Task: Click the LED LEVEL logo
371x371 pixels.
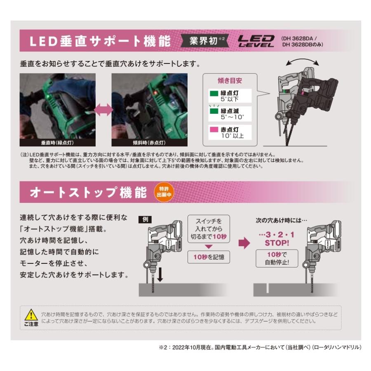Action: click(x=256, y=42)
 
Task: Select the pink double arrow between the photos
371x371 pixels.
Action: click(x=103, y=110)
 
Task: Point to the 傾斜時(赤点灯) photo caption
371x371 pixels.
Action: click(x=149, y=143)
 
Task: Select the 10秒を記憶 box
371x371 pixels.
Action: click(x=209, y=257)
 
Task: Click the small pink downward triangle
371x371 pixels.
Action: click(x=209, y=246)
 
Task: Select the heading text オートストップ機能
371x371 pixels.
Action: click(x=89, y=193)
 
